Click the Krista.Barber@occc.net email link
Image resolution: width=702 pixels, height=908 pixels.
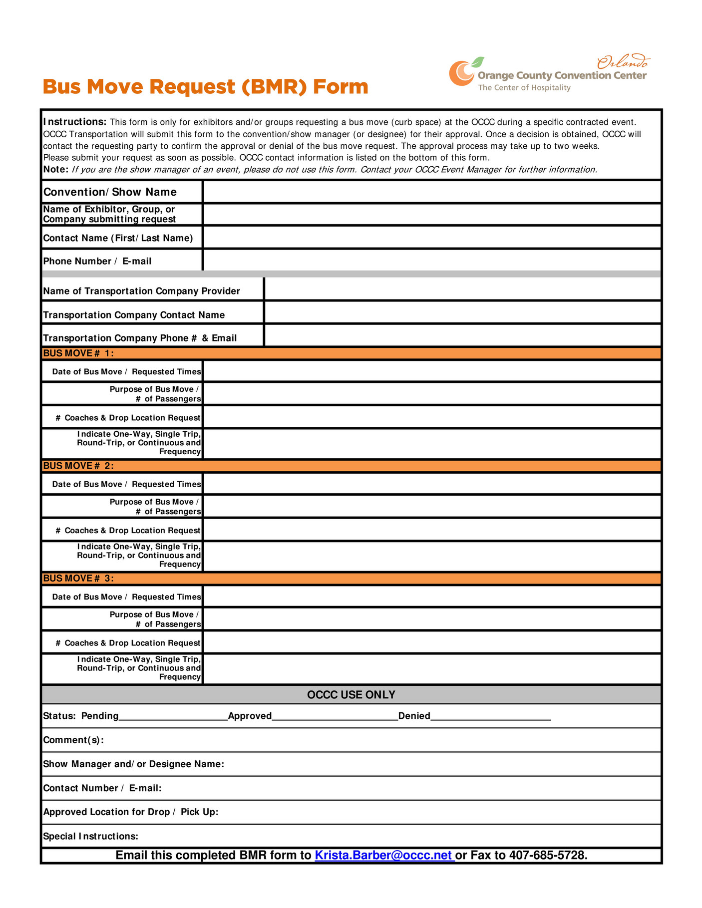pos(384,855)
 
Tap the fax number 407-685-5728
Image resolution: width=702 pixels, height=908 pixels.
pos(547,855)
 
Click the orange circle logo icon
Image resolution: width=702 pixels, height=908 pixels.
pos(461,73)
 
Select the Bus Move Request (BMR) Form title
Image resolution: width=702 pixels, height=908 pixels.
pos(205,87)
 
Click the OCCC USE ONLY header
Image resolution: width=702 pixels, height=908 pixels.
pos(351,695)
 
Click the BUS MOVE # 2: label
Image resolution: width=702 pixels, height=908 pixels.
pos(78,466)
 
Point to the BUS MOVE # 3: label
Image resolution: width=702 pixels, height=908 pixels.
pos(78,579)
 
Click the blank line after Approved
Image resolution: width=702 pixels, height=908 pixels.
pos(335,716)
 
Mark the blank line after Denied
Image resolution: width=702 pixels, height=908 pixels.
pos(490,716)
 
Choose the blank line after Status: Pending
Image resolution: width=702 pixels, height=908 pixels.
pos(173,716)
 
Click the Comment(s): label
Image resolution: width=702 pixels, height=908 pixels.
pos(73,740)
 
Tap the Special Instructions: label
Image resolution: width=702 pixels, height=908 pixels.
pos(90,836)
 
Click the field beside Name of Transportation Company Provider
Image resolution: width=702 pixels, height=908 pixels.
pos(462,290)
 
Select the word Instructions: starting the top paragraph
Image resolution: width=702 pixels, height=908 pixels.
pos(75,122)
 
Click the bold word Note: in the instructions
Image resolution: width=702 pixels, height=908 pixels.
pos(55,170)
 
